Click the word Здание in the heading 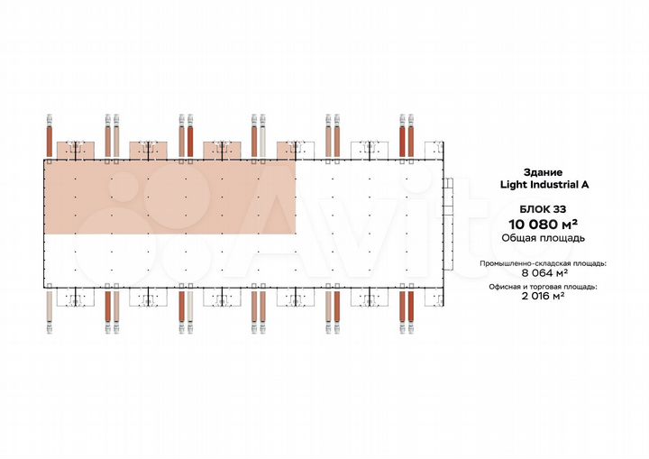pos(543,172)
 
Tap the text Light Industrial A pos(544,185)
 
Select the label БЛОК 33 pos(543,209)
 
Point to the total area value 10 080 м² pos(543,225)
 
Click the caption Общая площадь pos(543,238)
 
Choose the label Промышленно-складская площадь pos(543,263)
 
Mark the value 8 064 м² pos(544,273)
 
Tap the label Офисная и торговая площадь pos(543,287)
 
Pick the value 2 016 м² pos(543,296)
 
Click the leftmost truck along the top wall pos(50,135)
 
